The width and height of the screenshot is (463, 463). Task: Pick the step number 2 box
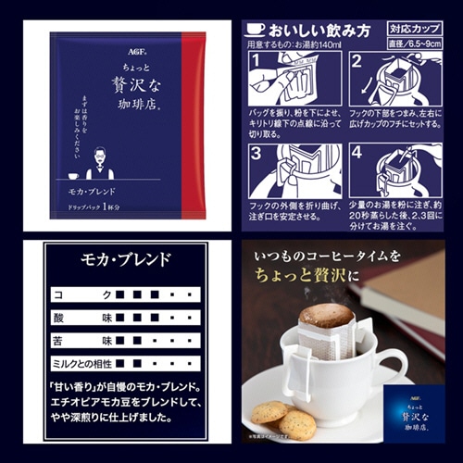click(357, 63)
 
